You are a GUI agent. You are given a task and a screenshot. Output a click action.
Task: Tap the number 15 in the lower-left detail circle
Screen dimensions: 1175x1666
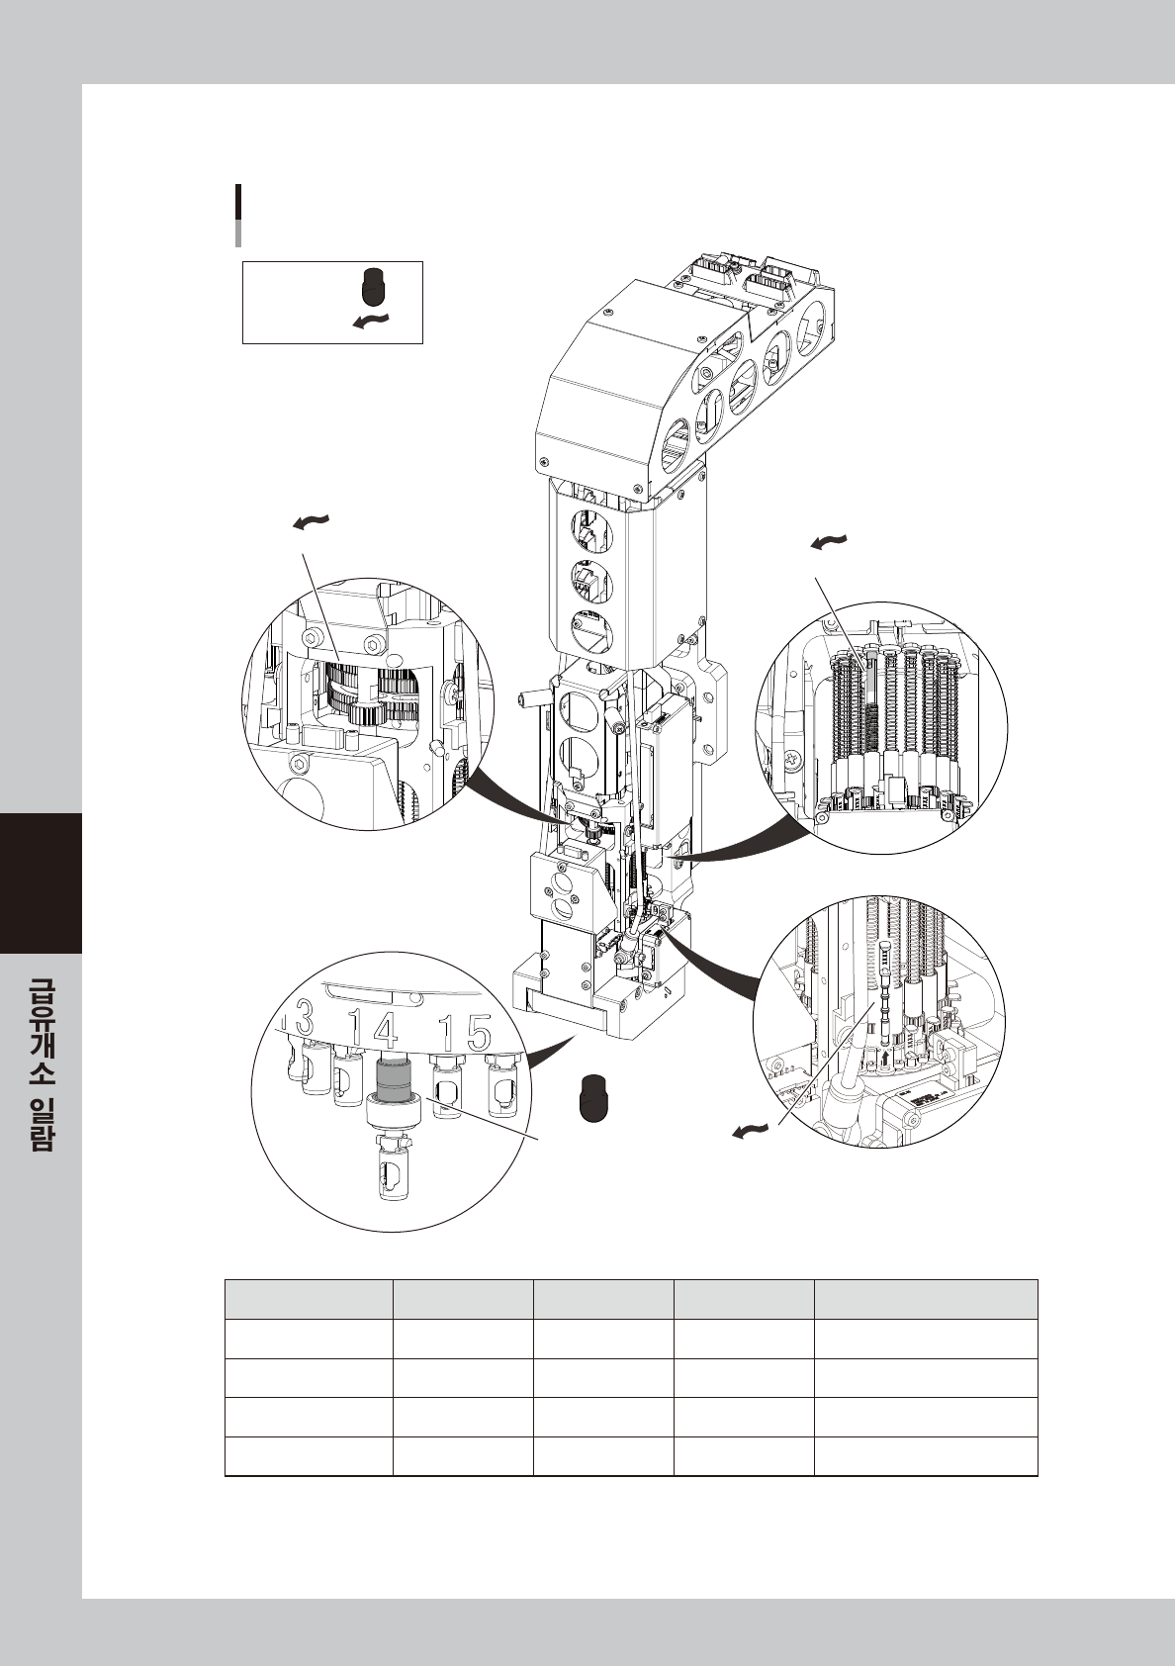(465, 1033)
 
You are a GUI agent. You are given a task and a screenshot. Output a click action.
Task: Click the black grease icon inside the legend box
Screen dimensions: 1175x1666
(372, 285)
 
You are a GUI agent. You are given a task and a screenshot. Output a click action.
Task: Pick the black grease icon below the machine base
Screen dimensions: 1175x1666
(590, 1097)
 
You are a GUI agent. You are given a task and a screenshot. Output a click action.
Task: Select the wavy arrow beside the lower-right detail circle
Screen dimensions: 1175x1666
(750, 1130)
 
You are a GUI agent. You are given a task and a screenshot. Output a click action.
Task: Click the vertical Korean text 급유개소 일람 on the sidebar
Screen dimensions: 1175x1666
(41, 1064)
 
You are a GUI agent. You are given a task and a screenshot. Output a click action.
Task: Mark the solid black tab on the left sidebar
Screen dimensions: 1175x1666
(41, 882)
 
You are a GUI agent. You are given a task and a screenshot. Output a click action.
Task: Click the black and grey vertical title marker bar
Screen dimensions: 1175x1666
(238, 214)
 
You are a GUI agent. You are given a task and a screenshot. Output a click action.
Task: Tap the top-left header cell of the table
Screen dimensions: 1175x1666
(309, 1298)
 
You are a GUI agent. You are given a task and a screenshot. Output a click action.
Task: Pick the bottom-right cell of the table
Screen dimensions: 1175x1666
(926, 1456)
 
